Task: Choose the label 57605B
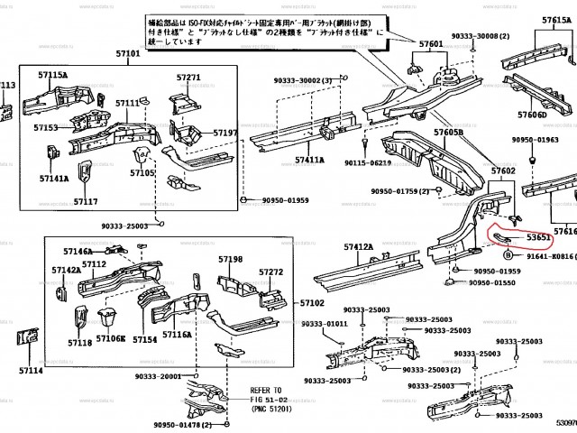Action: pos(448,133)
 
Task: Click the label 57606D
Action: pos(531,115)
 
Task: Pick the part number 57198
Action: pos(230,260)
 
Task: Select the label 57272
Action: pos(271,272)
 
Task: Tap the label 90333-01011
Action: pos(323,324)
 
